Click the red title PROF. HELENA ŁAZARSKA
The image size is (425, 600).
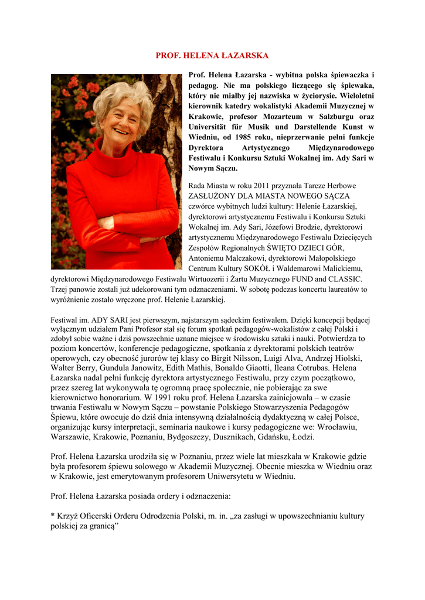coord(212,56)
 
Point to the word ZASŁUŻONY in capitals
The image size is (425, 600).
coord(214,196)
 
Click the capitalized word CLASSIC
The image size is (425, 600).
coord(345,279)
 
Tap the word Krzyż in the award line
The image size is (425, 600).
coord(70,516)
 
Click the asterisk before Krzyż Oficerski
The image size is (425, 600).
coord(53,516)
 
